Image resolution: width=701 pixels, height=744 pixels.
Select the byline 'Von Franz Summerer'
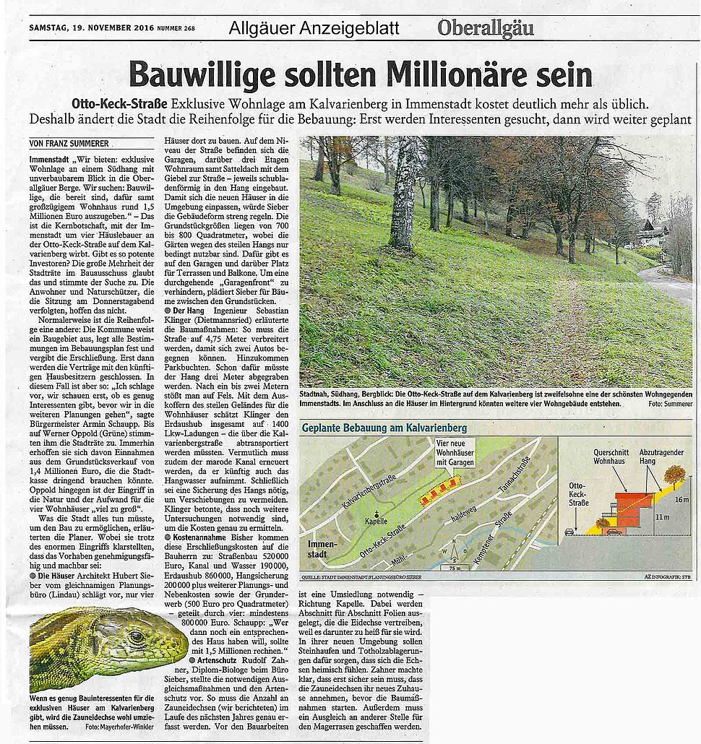(x=69, y=143)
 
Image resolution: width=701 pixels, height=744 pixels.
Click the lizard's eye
(x=135, y=637)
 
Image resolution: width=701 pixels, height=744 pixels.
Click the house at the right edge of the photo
(x=654, y=233)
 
